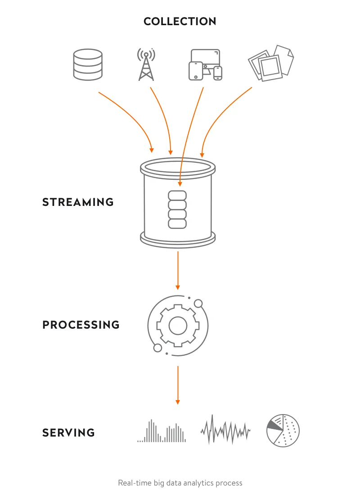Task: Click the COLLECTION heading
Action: (x=180, y=21)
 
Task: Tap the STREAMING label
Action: (x=78, y=202)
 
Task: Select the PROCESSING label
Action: (x=81, y=325)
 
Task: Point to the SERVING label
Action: (x=69, y=433)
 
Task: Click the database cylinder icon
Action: (x=87, y=65)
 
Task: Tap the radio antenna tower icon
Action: (x=146, y=65)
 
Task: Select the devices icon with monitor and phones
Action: (x=205, y=65)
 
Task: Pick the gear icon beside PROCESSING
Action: (x=178, y=325)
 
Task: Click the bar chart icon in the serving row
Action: (x=161, y=432)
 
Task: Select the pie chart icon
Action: (x=283, y=430)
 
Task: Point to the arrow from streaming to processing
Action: (x=178, y=270)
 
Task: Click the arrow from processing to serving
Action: (x=178, y=384)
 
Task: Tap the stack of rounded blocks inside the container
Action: (x=177, y=210)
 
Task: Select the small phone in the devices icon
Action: (x=218, y=73)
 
